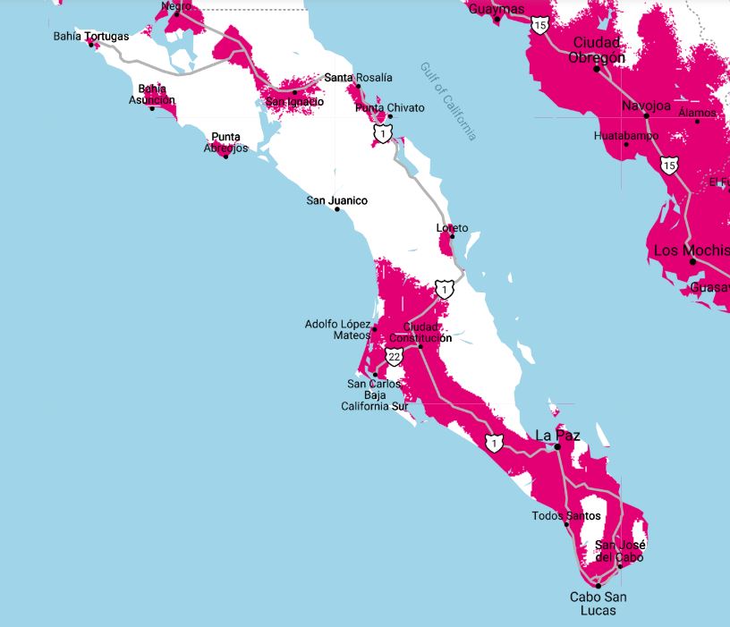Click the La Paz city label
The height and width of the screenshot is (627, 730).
click(x=557, y=436)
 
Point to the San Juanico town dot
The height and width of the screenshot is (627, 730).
click(x=337, y=209)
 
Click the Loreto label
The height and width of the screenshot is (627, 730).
click(x=452, y=229)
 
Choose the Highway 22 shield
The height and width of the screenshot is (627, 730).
click(x=395, y=357)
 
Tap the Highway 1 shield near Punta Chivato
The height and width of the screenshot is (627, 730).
click(x=383, y=134)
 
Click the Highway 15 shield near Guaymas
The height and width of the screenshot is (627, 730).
click(x=539, y=24)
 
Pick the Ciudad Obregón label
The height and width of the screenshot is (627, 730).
click(x=597, y=50)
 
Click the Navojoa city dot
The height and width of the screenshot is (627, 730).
click(x=646, y=116)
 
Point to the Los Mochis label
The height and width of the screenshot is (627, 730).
click(x=690, y=250)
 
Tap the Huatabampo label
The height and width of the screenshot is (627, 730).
click(x=625, y=136)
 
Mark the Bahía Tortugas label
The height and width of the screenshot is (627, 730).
click(x=90, y=37)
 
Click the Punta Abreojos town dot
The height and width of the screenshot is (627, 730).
click(x=225, y=157)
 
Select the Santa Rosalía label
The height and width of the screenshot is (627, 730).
click(x=358, y=78)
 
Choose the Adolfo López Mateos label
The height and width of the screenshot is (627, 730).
click(x=338, y=329)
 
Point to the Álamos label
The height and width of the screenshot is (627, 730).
click(x=697, y=113)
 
